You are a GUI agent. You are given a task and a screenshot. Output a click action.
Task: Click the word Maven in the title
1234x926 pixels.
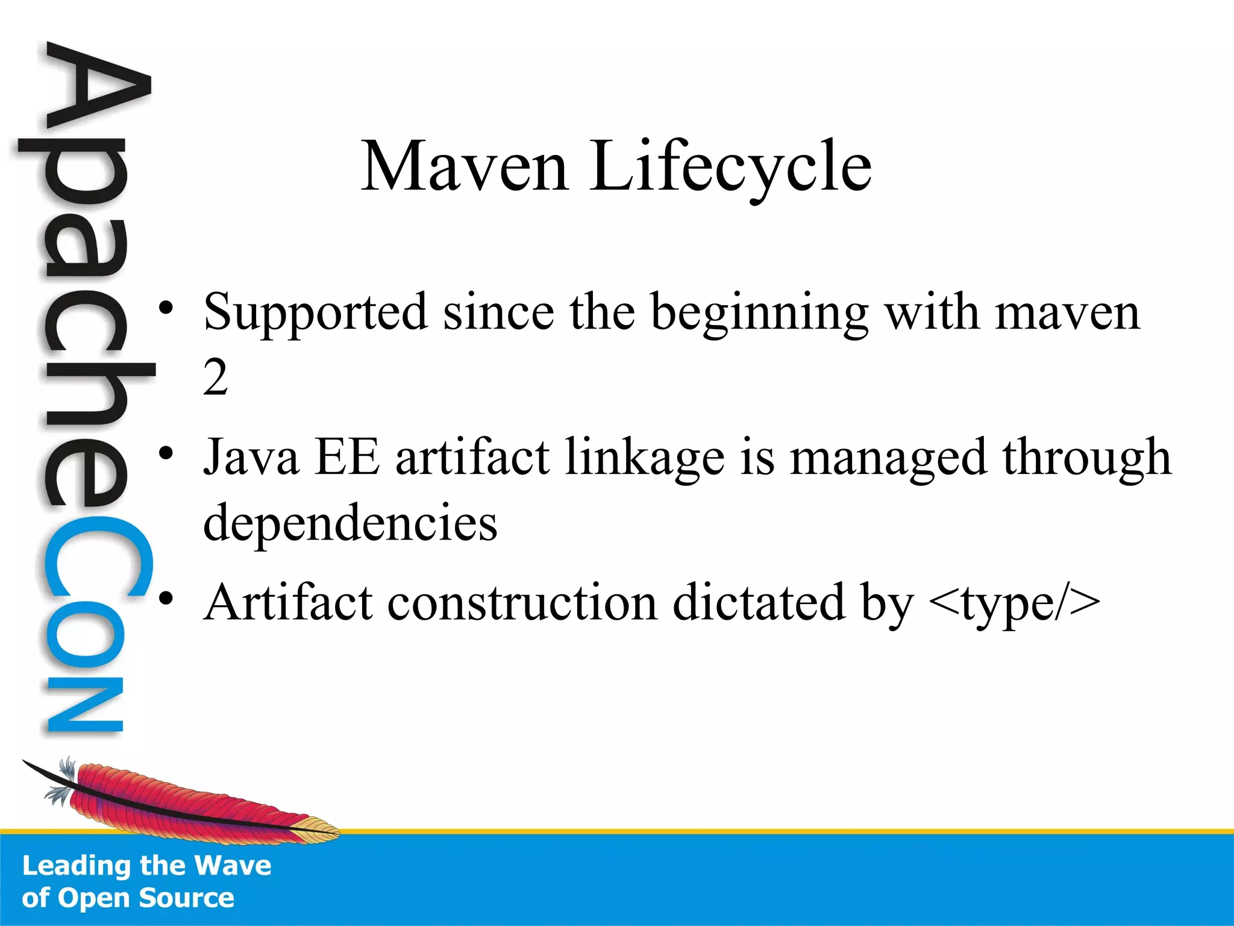465,166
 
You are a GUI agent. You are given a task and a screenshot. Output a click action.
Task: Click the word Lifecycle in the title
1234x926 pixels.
730,166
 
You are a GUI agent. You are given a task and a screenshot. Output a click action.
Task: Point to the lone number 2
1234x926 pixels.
215,378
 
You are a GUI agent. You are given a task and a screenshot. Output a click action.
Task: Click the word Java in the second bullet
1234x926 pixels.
251,458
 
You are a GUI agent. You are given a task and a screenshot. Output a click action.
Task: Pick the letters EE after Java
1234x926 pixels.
348,458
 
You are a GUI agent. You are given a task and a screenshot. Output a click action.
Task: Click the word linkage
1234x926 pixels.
645,458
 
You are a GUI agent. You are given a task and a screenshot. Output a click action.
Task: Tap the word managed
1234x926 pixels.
888,458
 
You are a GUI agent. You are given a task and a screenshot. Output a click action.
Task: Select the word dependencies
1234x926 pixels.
350,523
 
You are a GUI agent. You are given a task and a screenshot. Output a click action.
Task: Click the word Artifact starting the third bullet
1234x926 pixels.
289,602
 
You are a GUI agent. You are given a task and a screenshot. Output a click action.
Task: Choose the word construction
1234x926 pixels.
522,603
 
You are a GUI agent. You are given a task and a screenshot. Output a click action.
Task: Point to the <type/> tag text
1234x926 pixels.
1015,603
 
